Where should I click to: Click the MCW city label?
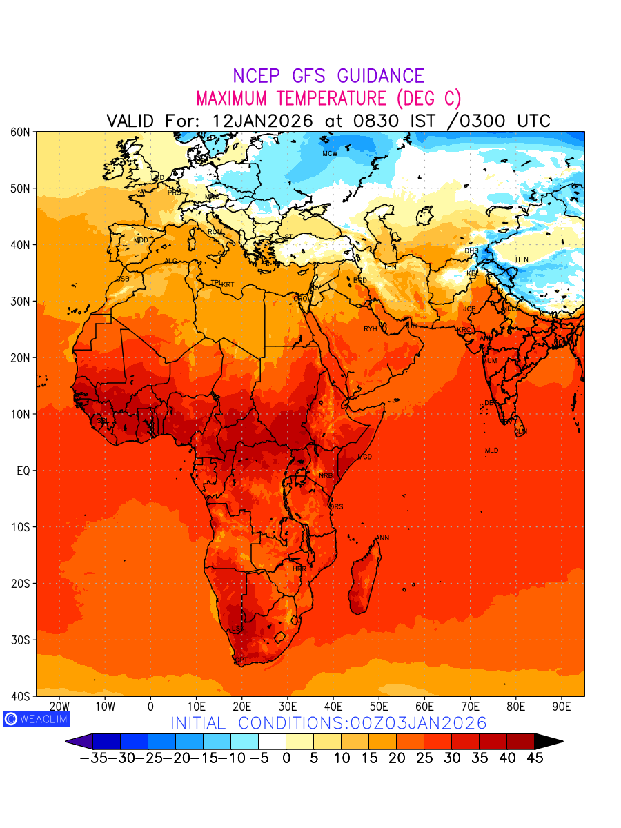pyautogui.click(x=330, y=154)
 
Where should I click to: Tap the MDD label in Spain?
pyautogui.click(x=141, y=240)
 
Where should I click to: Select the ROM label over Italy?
pyautogui.click(x=215, y=232)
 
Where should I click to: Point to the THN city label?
pyautogui.click(x=390, y=267)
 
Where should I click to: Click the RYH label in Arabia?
pyautogui.click(x=371, y=329)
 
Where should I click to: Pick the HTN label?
pyautogui.click(x=522, y=259)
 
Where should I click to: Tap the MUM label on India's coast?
pyautogui.click(x=490, y=361)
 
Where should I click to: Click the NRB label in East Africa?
pyautogui.click(x=326, y=476)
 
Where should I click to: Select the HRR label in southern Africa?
pyautogui.click(x=299, y=569)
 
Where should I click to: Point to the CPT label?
pyautogui.click(x=241, y=660)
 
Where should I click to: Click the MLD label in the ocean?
pyautogui.click(x=491, y=451)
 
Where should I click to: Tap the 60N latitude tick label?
pyautogui.click(x=21, y=132)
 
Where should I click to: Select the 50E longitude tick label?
pyautogui.click(x=379, y=707)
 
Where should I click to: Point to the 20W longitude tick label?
pyautogui.click(x=59, y=707)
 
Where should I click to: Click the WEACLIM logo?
pyautogui.click(x=36, y=718)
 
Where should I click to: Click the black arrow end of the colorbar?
pyautogui.click(x=549, y=742)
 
